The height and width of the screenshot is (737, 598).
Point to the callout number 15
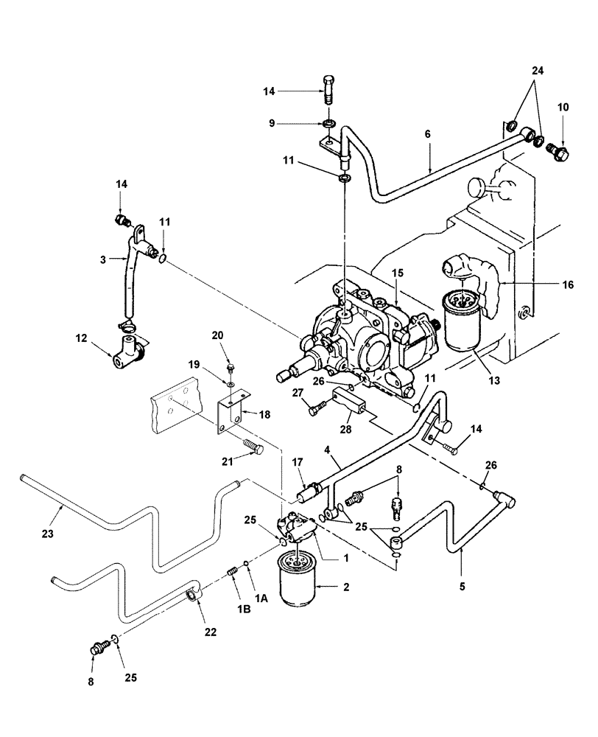[397, 273]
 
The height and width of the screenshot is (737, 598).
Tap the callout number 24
[537, 71]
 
